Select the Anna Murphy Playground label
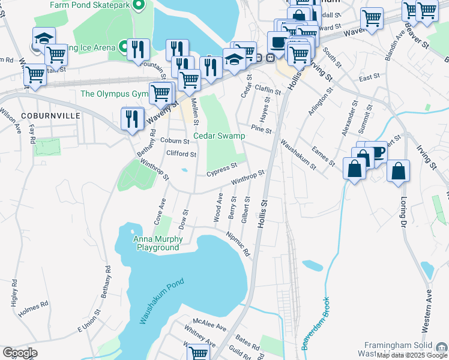pyautogui.click(x=158, y=243)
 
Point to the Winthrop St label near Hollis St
pyautogui.click(x=248, y=177)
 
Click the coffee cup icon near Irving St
pyautogui.click(x=376, y=152)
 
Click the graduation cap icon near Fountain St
pyautogui.click(x=44, y=38)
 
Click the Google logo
pyautogui.click(x=20, y=353)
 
